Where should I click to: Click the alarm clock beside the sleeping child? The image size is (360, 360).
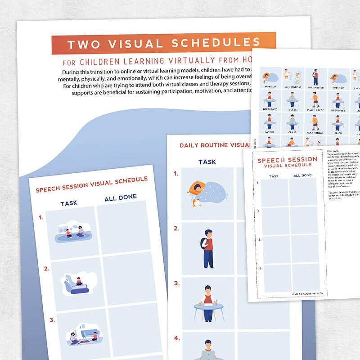196,203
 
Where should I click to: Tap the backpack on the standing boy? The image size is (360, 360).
203,243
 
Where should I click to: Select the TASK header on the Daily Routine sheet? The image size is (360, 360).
207,162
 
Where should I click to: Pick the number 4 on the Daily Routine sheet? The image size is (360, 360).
177,338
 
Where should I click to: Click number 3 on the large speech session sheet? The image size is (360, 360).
53,320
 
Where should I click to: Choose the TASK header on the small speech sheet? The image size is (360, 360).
274,176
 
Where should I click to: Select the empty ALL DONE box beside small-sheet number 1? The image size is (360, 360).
303,192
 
